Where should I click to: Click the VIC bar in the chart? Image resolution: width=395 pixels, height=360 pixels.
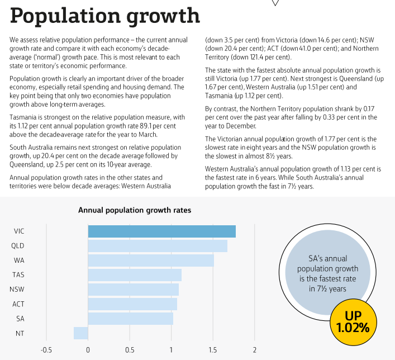point(161,231)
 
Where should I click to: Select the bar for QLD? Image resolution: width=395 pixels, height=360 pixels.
point(158,246)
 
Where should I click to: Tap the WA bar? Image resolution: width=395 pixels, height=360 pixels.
point(151,260)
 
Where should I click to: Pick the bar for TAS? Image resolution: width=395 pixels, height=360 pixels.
point(135,275)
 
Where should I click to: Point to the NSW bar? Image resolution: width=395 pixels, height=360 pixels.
point(133,290)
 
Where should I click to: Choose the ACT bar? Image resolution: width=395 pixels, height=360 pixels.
point(132,304)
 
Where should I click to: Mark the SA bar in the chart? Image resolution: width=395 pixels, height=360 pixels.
point(131,319)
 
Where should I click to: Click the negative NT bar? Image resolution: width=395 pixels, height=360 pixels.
point(81,333)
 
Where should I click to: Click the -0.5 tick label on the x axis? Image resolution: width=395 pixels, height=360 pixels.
point(46,350)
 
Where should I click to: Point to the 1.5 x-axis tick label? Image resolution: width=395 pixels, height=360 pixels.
point(213,350)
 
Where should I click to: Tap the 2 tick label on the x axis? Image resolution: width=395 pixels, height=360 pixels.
point(255,350)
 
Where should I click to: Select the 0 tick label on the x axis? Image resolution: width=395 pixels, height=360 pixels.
point(88,350)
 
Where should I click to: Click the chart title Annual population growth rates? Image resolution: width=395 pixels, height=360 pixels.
point(135,211)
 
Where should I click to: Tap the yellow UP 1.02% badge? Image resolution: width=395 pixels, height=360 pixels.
point(353,322)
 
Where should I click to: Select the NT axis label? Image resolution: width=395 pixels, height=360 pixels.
point(19,333)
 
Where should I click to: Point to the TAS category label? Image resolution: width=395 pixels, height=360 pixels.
point(18,275)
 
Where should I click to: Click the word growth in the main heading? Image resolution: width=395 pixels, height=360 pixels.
point(164,16)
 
